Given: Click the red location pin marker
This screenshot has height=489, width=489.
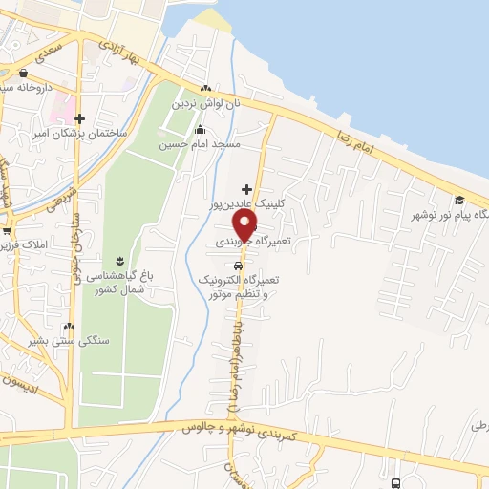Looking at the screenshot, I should (x=245, y=224).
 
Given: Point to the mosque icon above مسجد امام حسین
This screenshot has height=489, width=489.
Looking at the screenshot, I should (x=200, y=130).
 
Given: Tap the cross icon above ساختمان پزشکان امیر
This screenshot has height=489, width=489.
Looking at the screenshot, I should (x=70, y=119).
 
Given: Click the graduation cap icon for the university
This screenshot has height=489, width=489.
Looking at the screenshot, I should (x=459, y=200).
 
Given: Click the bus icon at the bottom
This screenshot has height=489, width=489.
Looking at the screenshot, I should (x=397, y=482).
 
